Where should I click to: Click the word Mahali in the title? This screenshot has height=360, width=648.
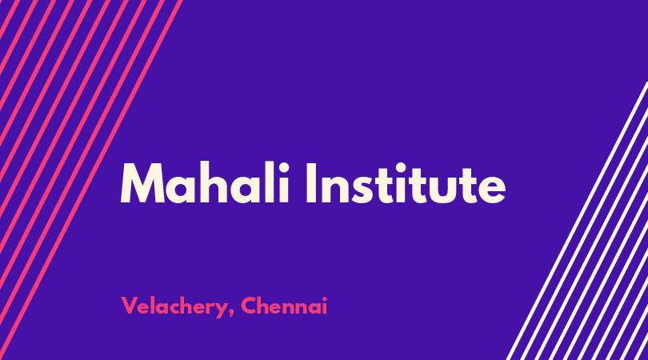[x=205, y=182]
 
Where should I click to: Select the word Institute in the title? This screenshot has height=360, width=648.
[x=406, y=182]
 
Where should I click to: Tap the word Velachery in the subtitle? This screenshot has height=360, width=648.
[x=175, y=307]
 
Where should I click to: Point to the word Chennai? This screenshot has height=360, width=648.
[x=284, y=306]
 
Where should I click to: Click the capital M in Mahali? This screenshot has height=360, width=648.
[x=142, y=182]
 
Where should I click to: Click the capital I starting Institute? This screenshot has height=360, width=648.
[x=311, y=182]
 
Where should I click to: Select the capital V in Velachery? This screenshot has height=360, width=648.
[x=129, y=306]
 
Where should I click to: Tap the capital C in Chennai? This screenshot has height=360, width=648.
[x=249, y=306]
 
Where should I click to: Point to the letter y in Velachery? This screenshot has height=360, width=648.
[x=221, y=310]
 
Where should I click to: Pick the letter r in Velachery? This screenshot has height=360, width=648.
[x=209, y=308]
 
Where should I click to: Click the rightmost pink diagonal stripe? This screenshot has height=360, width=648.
[x=91, y=180]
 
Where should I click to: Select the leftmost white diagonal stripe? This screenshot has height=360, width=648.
[x=578, y=221]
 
